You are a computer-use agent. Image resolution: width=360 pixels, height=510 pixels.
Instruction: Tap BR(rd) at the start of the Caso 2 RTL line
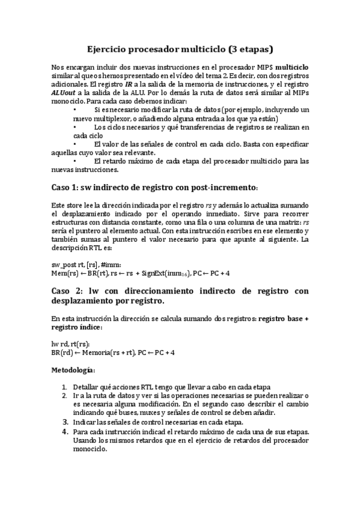click(61, 352)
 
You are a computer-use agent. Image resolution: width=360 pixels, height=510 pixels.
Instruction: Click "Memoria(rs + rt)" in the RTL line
click(109, 352)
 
